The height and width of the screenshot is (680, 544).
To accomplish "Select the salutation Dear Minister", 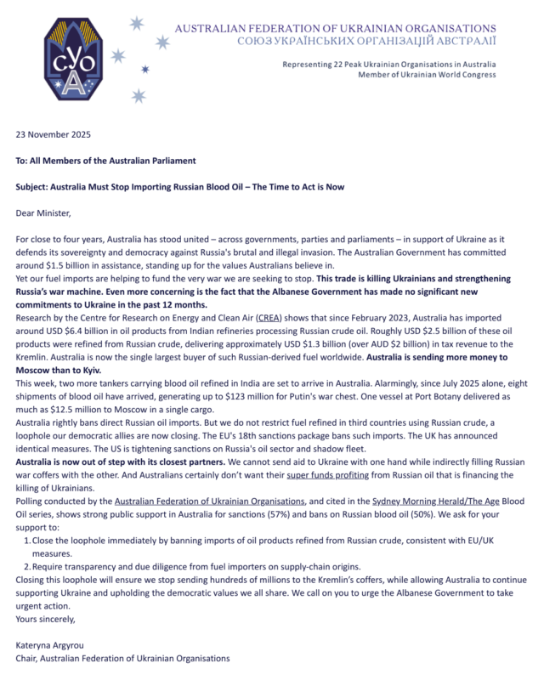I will (47, 212).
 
